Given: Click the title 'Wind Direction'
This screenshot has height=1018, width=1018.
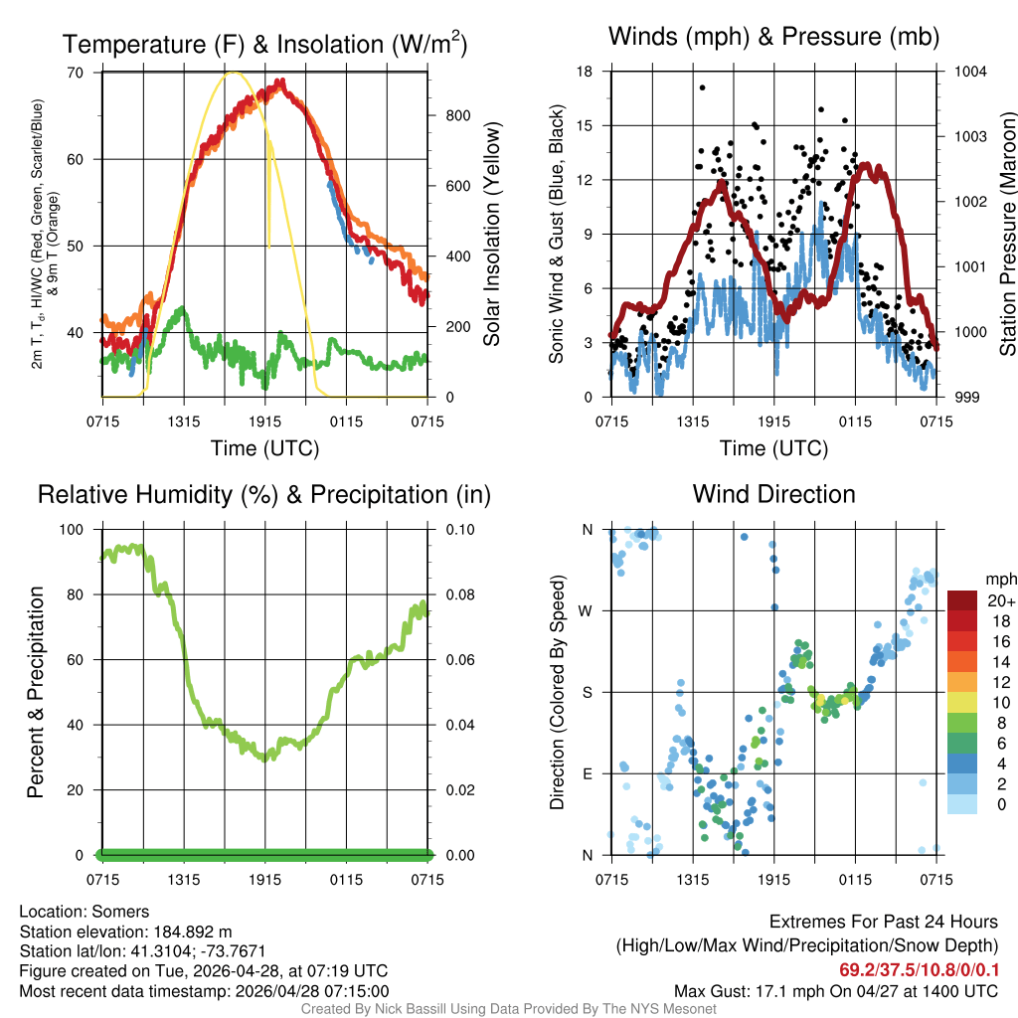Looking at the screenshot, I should tap(773, 494).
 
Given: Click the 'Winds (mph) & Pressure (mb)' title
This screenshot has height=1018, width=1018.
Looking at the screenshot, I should tap(773, 38).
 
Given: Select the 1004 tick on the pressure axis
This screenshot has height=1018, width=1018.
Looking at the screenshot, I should tap(969, 72).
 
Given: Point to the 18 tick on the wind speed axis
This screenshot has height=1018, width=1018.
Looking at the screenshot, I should tap(586, 72).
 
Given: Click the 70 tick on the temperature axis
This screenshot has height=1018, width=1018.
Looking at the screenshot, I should tap(75, 73).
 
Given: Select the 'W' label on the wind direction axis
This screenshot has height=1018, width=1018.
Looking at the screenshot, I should tap(587, 611).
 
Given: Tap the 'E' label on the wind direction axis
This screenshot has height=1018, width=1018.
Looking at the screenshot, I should tap(587, 773).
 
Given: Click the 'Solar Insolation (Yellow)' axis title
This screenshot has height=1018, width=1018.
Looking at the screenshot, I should tap(491, 235).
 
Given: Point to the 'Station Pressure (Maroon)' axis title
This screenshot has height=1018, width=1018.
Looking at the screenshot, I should tap(1007, 235).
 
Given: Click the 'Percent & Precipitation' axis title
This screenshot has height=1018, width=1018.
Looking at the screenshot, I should tap(36, 692).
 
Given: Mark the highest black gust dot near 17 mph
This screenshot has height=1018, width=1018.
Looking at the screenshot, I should tap(702, 87).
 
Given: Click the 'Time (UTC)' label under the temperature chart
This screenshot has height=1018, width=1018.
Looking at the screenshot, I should tap(265, 448).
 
